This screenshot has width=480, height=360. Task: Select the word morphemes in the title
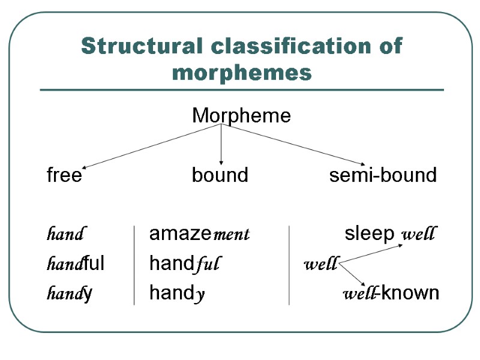tap(242, 73)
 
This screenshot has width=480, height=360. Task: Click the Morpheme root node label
tap(241, 116)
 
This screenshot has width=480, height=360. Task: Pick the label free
tap(64, 175)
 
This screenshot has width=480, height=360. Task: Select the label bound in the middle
tap(220, 175)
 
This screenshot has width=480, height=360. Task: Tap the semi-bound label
tap(383, 175)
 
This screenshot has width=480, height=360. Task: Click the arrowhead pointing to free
tap(84, 167)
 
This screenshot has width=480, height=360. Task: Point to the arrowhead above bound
tap(221, 162)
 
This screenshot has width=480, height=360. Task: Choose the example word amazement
tap(199, 234)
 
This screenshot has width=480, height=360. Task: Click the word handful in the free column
tap(76, 263)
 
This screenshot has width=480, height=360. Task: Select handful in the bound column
tap(186, 263)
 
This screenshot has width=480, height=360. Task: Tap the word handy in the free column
tap(69, 293)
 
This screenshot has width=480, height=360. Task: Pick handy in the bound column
tap(178, 293)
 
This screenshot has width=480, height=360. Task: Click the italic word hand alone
tap(65, 234)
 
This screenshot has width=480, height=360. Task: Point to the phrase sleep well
tap(390, 233)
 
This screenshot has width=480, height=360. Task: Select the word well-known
tap(391, 293)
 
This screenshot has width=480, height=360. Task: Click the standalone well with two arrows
tap(321, 264)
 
